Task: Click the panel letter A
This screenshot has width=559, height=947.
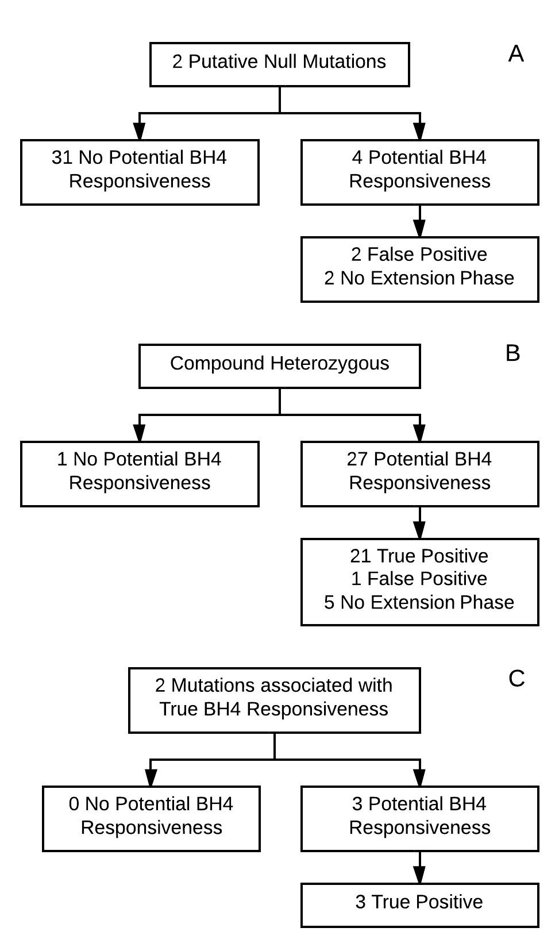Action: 515,53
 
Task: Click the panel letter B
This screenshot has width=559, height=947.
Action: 512,353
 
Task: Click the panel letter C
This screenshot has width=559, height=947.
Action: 516,679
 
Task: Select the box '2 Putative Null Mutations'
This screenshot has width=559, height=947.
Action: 279,65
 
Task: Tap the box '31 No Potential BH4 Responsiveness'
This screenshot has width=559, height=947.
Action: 140,172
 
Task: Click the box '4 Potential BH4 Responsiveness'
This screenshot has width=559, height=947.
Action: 419,172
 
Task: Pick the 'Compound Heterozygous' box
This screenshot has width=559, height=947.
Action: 279,366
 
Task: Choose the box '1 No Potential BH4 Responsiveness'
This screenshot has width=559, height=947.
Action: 140,474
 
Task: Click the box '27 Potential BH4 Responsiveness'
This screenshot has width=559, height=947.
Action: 419,474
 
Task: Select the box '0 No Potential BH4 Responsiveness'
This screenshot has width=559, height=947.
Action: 151,819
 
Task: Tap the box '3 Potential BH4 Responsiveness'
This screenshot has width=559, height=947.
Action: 419,819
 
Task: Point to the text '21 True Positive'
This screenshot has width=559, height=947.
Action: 419,556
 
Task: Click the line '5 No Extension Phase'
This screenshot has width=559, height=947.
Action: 419,602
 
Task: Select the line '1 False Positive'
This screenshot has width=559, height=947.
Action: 419,579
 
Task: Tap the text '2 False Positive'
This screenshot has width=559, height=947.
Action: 419,255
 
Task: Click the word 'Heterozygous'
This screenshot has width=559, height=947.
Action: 330,364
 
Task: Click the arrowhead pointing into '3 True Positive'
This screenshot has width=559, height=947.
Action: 419,874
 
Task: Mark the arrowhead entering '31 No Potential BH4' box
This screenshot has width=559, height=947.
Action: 140,131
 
